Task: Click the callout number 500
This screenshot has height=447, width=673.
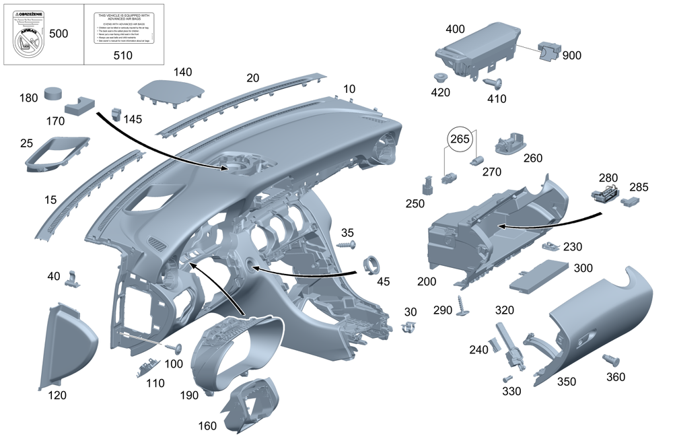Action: [x=59, y=34]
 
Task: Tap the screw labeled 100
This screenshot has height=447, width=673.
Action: [x=176, y=348]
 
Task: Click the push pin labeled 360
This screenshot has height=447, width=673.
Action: [x=611, y=362]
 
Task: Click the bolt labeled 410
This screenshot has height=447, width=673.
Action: [x=495, y=84]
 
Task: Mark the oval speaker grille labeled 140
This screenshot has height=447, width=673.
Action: [x=170, y=91]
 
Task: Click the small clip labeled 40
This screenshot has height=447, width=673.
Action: [x=74, y=279]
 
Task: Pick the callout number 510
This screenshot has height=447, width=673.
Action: [x=122, y=56]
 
